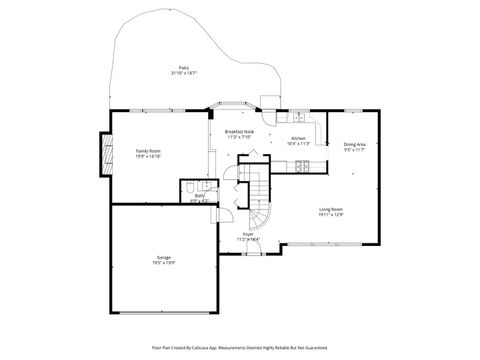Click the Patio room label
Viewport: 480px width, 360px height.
(181, 67)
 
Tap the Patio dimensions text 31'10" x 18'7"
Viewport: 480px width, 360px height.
(181, 73)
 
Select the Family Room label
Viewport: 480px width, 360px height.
(148, 150)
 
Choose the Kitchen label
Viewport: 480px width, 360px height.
(298, 138)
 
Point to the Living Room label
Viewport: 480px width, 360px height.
(331, 208)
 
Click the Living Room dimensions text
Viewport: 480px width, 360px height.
(331, 214)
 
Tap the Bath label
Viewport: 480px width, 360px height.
(199, 196)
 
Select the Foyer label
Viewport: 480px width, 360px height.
(247, 234)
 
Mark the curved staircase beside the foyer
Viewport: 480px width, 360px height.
(259, 205)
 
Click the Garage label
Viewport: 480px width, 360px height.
(163, 257)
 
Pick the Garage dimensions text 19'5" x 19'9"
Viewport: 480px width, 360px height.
(163, 263)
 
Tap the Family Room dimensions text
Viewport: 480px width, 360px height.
(148, 156)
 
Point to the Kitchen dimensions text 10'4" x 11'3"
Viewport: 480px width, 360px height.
(298, 144)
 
